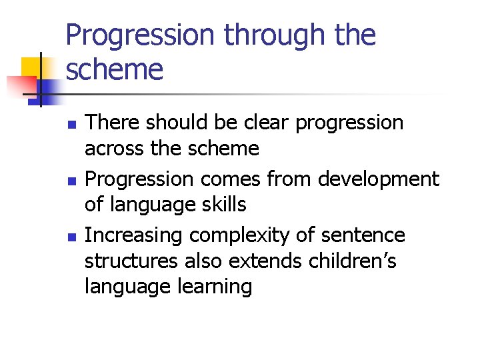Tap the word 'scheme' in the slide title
click(x=114, y=69)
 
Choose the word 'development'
click(x=379, y=179)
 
